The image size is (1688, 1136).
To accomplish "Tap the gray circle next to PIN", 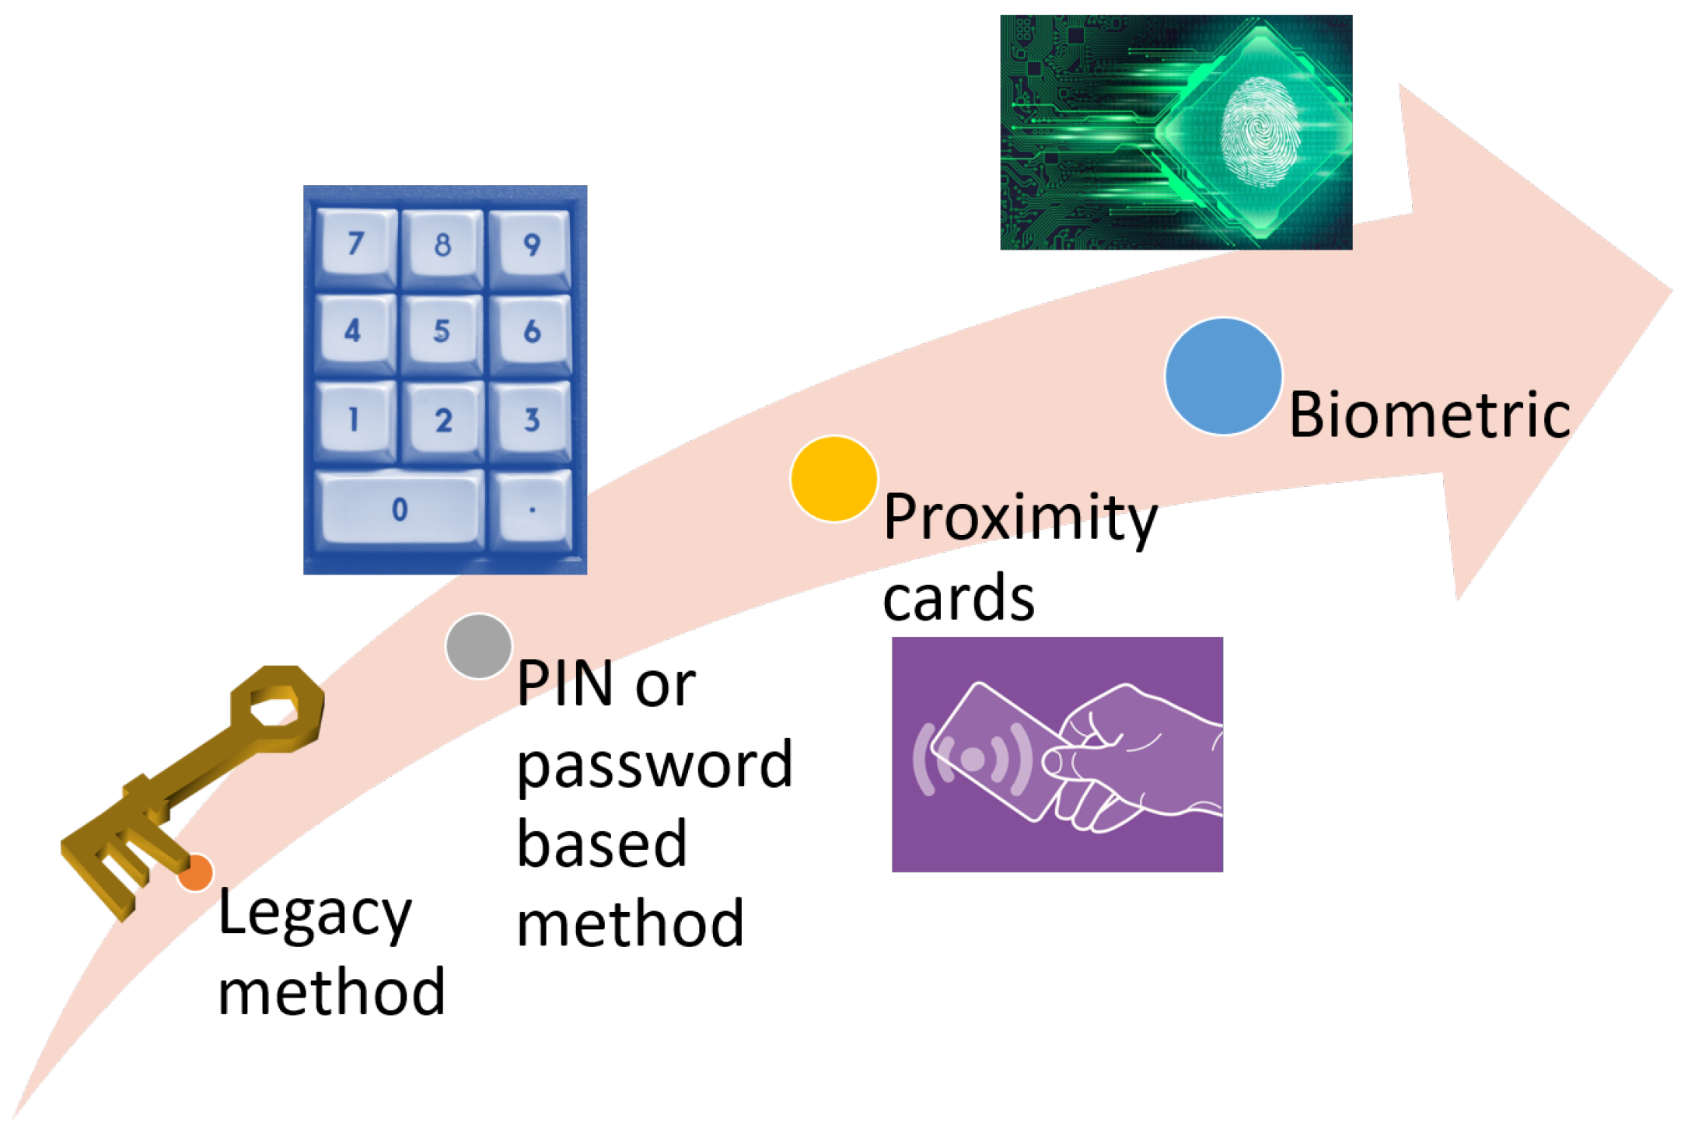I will pos(479,646).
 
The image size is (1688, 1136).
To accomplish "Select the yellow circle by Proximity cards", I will pos(834,478).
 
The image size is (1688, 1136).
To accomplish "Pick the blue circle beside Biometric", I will pos(1223,376).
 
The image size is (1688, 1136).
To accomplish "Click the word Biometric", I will pos(1429,415).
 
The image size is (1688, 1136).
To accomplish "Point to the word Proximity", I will pos(1020,518).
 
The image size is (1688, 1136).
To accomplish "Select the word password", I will pos(655,767).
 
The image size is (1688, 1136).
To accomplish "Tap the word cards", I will pos(959,598).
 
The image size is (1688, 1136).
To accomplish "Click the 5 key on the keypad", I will pos(442,332).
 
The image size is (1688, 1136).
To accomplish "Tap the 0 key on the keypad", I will pos(400,510).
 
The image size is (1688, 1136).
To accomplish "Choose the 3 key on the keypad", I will pos(532,421).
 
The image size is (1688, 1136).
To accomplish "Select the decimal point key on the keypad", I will pos(533,510).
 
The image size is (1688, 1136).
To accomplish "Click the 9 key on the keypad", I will pos(532,245).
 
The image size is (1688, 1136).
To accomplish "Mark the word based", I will pos(602,844).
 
